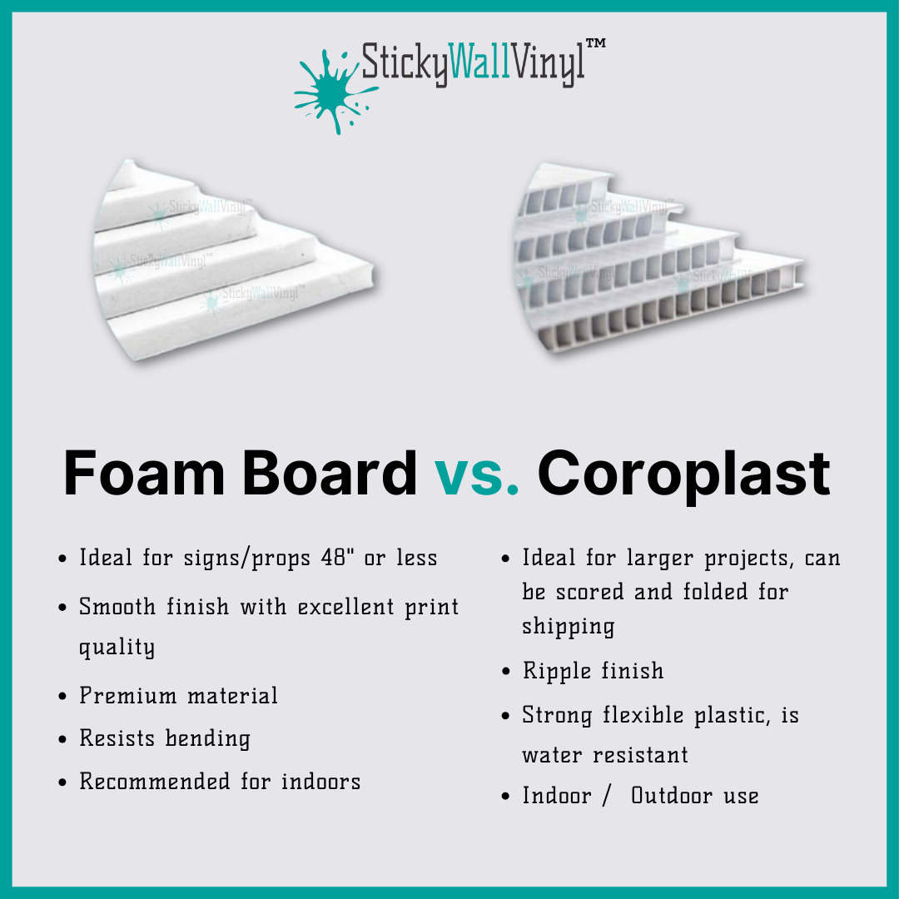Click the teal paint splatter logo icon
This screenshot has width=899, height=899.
coord(335,92)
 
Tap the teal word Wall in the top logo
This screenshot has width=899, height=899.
coord(479,61)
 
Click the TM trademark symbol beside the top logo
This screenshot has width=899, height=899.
coord(596,43)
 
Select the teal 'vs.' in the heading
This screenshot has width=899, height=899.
coord(476,473)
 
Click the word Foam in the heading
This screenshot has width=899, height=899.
coord(144,473)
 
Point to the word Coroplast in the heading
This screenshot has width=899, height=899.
coord(683,475)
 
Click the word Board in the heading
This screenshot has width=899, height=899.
coord(330,473)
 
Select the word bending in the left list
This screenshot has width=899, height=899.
coord(207,739)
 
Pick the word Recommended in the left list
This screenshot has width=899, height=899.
coord(155,782)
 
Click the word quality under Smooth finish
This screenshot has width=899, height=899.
coord(117,648)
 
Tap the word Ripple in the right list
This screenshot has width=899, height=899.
coord(556,671)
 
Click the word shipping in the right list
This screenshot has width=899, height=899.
coord(569,627)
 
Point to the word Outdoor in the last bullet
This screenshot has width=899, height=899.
coord(672,796)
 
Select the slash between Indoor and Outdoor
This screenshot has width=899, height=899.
coord(606,797)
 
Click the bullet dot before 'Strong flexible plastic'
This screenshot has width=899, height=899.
coord(505,716)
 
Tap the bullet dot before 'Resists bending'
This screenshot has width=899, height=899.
coord(62,739)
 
